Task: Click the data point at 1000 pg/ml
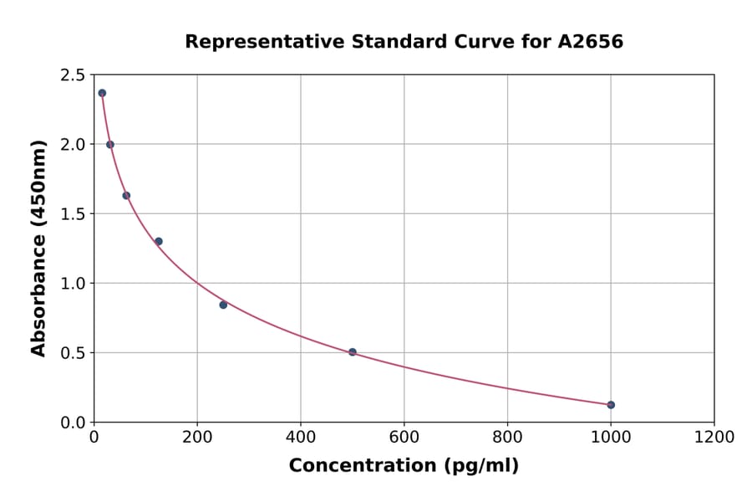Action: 611,405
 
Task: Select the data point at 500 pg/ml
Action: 353,352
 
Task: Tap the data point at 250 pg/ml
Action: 223,305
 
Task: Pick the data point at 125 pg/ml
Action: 159,241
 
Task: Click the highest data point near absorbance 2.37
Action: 102,93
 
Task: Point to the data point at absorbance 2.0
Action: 110,145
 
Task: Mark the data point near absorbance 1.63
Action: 126,196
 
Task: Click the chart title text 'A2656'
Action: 590,42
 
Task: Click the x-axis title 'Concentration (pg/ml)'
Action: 404,466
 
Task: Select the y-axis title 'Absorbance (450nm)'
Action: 38,248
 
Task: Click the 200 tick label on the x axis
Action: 197,438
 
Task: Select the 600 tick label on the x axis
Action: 404,438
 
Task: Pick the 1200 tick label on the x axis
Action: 714,438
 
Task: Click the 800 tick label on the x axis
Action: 507,438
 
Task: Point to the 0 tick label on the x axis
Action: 94,438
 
